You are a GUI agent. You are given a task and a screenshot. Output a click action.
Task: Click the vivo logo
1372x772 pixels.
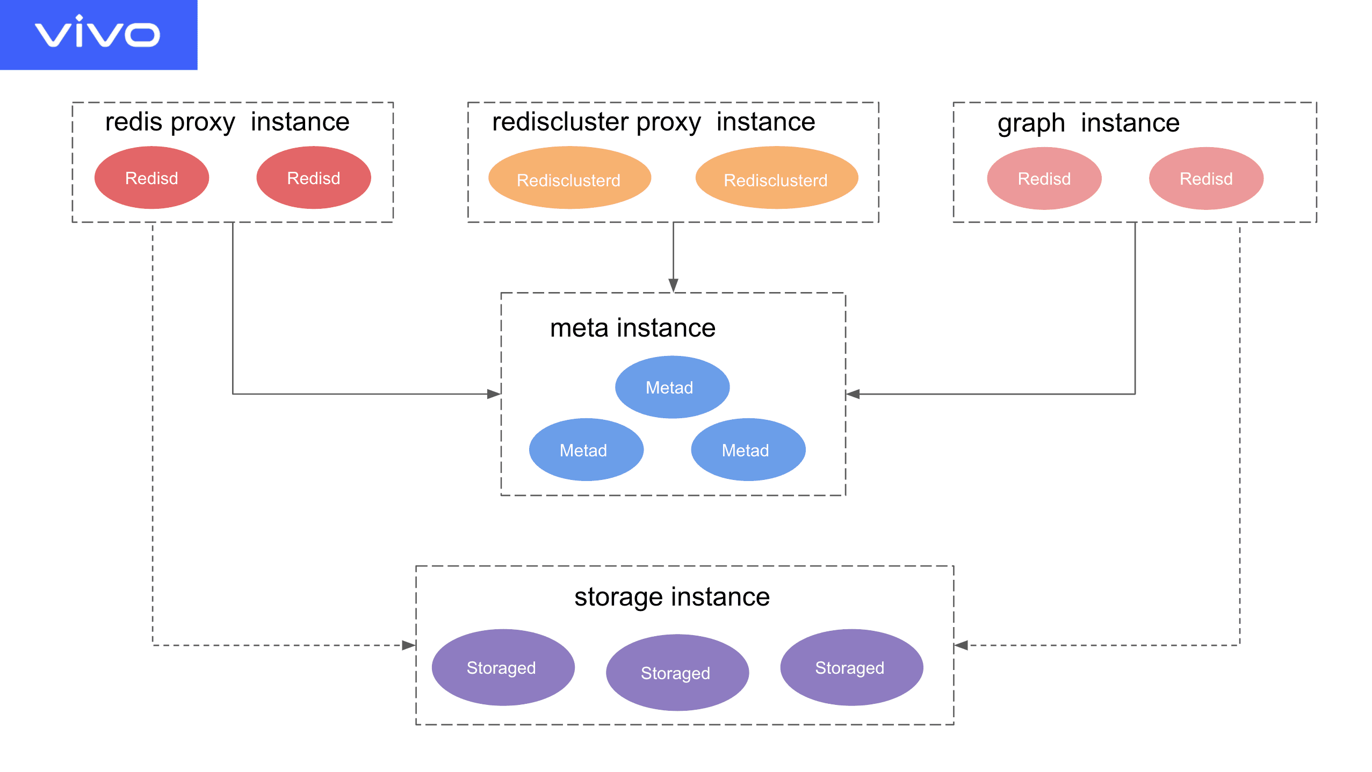[98, 33]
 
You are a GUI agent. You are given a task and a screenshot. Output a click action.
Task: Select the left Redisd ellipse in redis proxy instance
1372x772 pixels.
[151, 178]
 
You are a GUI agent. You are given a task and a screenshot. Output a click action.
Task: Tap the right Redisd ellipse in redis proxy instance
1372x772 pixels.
[314, 178]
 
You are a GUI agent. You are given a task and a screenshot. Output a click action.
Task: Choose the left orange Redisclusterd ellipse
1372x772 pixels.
[569, 179]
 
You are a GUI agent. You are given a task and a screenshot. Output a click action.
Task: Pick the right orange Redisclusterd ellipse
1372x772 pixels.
[776, 179]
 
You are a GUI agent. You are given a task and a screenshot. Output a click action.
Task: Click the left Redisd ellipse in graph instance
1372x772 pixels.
[1044, 178]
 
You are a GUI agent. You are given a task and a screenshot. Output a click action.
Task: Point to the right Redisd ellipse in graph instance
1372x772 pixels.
[1206, 178]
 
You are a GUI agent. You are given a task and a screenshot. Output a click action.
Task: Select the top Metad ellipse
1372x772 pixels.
[671, 387]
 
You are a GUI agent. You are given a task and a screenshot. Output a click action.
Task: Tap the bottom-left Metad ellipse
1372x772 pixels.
[586, 450]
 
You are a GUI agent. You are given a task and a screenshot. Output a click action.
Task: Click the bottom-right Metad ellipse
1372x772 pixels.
[747, 450]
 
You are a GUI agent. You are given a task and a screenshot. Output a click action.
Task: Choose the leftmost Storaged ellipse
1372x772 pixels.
[502, 667]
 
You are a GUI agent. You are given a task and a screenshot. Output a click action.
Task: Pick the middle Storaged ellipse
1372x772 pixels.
[677, 673]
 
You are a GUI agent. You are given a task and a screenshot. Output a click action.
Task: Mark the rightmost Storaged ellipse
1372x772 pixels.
[851, 667]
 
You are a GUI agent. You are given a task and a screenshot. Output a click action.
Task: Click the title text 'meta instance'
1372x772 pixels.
[632, 328]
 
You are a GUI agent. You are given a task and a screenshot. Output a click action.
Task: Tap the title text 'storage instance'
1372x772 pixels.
[671, 597]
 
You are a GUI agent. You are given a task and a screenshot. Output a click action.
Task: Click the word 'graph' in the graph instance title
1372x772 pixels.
[1030, 123]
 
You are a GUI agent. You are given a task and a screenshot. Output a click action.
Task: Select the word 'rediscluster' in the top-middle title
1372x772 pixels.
[560, 122]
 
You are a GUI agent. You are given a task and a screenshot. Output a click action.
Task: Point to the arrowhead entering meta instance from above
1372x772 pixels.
[673, 286]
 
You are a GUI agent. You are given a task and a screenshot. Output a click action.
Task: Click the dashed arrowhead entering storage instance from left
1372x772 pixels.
[408, 645]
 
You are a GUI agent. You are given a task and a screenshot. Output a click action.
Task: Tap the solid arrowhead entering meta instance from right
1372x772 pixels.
[853, 394]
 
